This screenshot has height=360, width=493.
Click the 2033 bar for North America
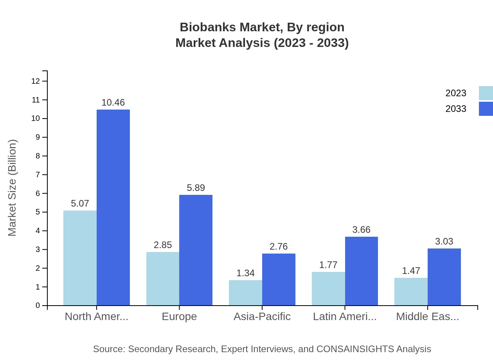pos(113,207)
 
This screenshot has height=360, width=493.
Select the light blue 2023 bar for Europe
pos(163,279)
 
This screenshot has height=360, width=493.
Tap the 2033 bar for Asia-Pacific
pos(279,279)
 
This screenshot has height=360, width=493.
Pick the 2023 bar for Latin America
pos(328,289)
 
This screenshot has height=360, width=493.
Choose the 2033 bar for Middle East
pos(444,277)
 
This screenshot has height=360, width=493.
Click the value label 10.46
pos(113,103)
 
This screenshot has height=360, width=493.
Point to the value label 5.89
pos(196,188)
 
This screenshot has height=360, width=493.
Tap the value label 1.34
pos(245,273)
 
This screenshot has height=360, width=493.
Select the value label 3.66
pos(361,230)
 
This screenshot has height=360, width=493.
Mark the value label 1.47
pos(411,271)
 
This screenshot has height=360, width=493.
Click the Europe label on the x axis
pos(179,317)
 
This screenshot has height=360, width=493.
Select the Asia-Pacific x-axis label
pos(262,317)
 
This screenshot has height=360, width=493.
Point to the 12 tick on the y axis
pos(36,81)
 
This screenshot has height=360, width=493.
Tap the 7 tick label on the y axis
pos(38,175)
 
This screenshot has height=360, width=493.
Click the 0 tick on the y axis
pos(38,306)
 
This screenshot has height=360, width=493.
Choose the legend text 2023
pos(456,93)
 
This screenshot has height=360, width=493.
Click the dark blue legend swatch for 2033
pos(486,109)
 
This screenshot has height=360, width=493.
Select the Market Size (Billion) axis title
pos(13,188)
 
